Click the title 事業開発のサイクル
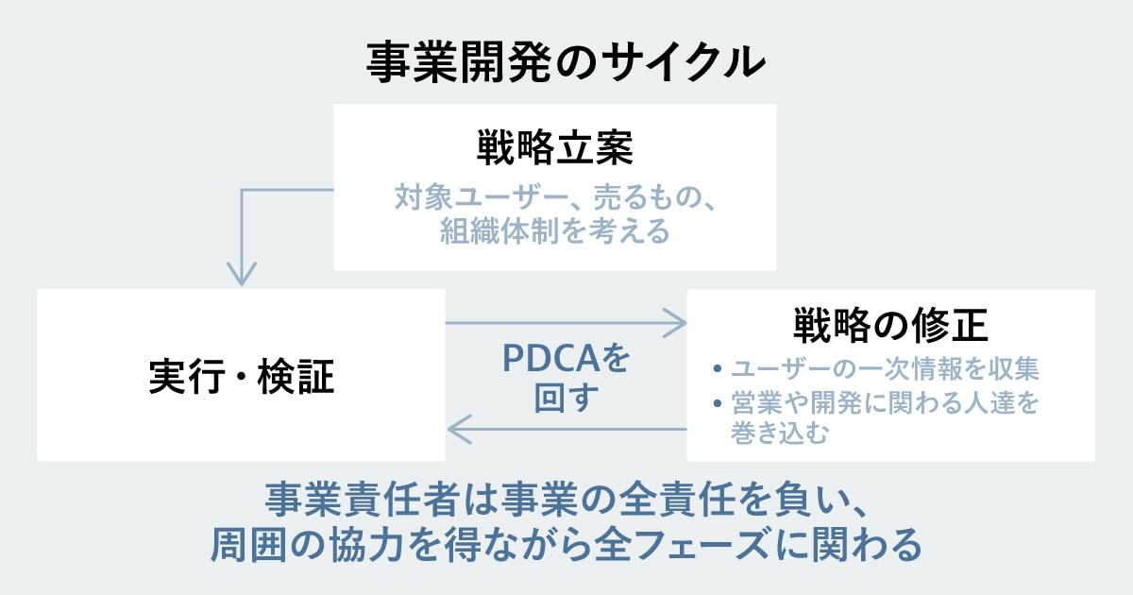566,62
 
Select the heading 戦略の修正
890,327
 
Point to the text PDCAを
565,359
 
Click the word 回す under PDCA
566,398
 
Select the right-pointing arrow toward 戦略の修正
672,323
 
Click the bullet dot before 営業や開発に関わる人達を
718,404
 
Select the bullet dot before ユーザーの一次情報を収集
718,368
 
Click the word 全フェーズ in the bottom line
689,544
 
